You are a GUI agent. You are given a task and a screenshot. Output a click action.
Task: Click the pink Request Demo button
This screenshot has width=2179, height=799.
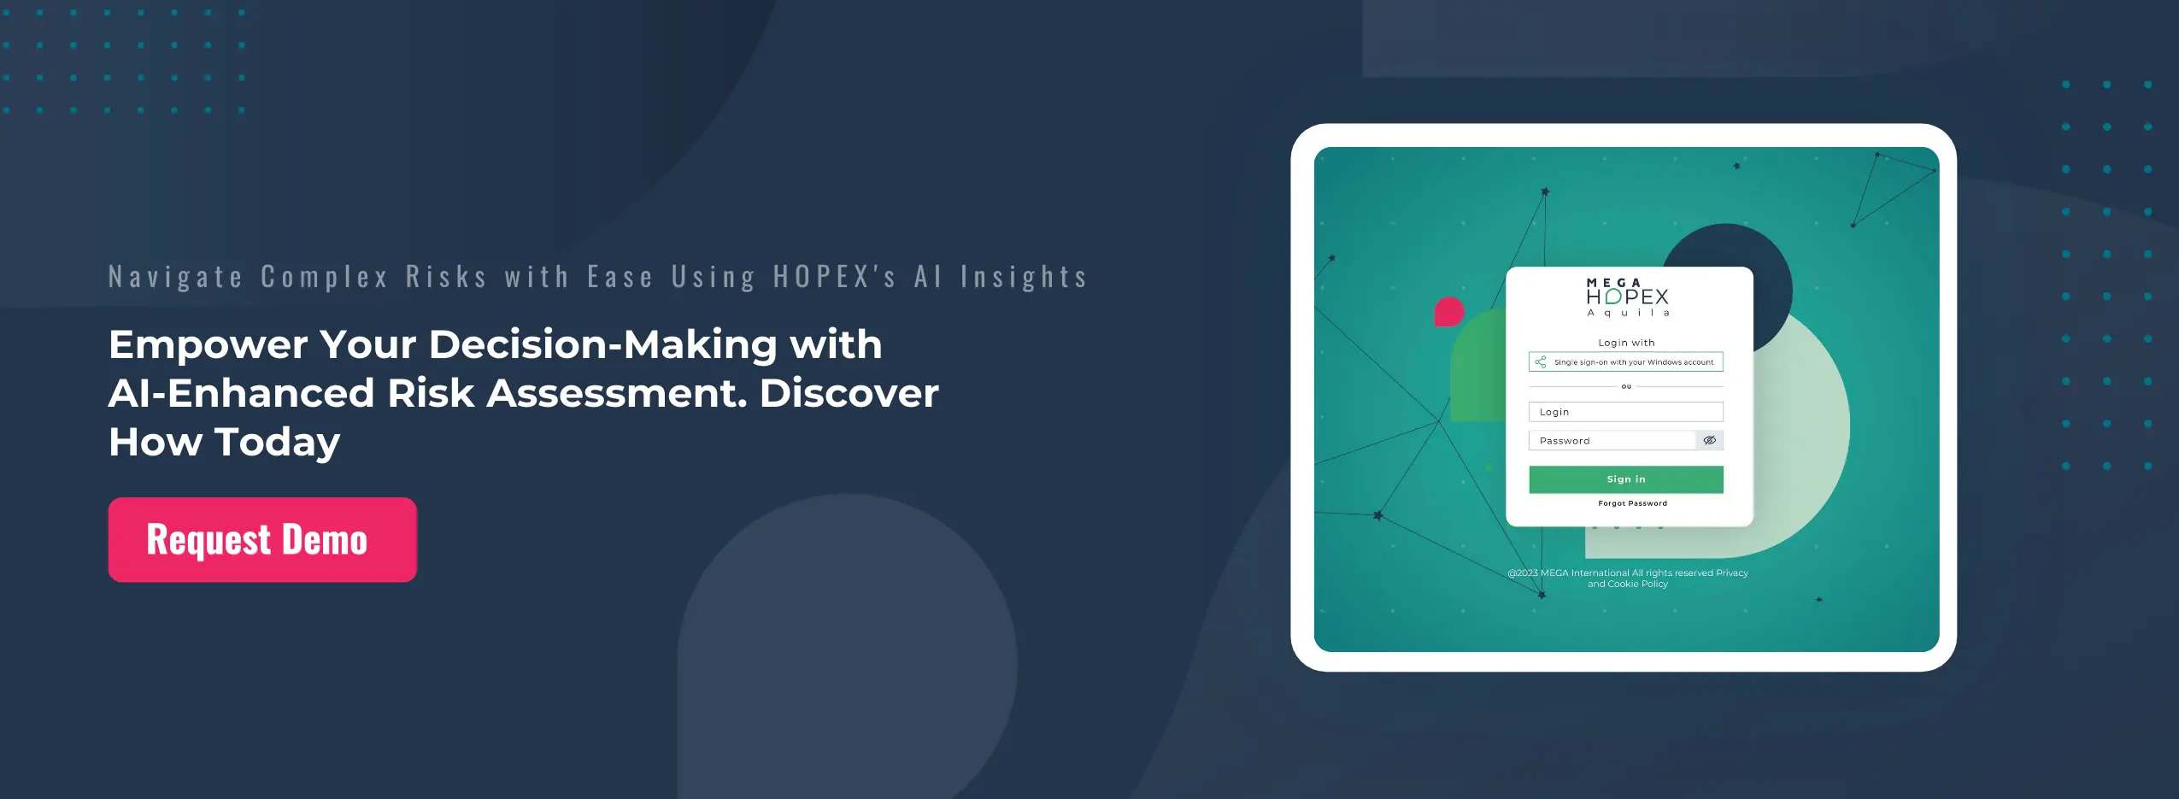click(262, 539)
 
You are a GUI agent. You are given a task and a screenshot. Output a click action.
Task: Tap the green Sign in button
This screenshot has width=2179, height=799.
click(1625, 479)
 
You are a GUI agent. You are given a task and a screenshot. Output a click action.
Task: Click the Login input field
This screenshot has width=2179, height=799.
click(1625, 412)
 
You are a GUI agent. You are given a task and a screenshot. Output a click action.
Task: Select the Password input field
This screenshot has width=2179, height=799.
click(1612, 441)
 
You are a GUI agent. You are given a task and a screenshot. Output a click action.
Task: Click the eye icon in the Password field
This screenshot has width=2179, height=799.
click(1709, 441)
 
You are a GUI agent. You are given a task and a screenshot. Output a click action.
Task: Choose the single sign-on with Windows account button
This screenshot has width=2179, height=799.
click(1625, 362)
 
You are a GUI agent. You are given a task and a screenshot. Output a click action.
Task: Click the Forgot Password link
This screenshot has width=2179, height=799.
click(1632, 503)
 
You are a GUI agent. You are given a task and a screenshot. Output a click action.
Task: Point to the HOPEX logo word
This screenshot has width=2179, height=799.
click(1627, 297)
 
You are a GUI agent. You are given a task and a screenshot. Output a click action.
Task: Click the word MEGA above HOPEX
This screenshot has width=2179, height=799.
click(1613, 283)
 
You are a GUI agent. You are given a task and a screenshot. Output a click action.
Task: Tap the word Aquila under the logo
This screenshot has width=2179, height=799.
click(1628, 313)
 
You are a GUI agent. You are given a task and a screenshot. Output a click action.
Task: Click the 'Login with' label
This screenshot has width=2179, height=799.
click(1626, 343)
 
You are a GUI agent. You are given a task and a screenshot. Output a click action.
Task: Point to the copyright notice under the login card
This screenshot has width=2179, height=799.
click(1628, 579)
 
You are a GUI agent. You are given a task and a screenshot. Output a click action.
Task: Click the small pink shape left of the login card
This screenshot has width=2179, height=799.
click(1449, 312)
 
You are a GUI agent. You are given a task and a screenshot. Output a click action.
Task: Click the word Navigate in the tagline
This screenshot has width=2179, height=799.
click(176, 277)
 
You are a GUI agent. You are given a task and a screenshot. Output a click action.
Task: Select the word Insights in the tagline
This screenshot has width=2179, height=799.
click(1024, 277)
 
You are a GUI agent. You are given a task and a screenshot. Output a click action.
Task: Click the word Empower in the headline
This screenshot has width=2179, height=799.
click(208, 345)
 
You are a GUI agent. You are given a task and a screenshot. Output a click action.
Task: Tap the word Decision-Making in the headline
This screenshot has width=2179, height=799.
click(602, 345)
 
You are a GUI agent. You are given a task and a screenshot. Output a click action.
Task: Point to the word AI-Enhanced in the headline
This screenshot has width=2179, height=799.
click(242, 393)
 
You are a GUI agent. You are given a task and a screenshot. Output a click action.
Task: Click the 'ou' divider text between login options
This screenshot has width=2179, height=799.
click(1626, 386)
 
